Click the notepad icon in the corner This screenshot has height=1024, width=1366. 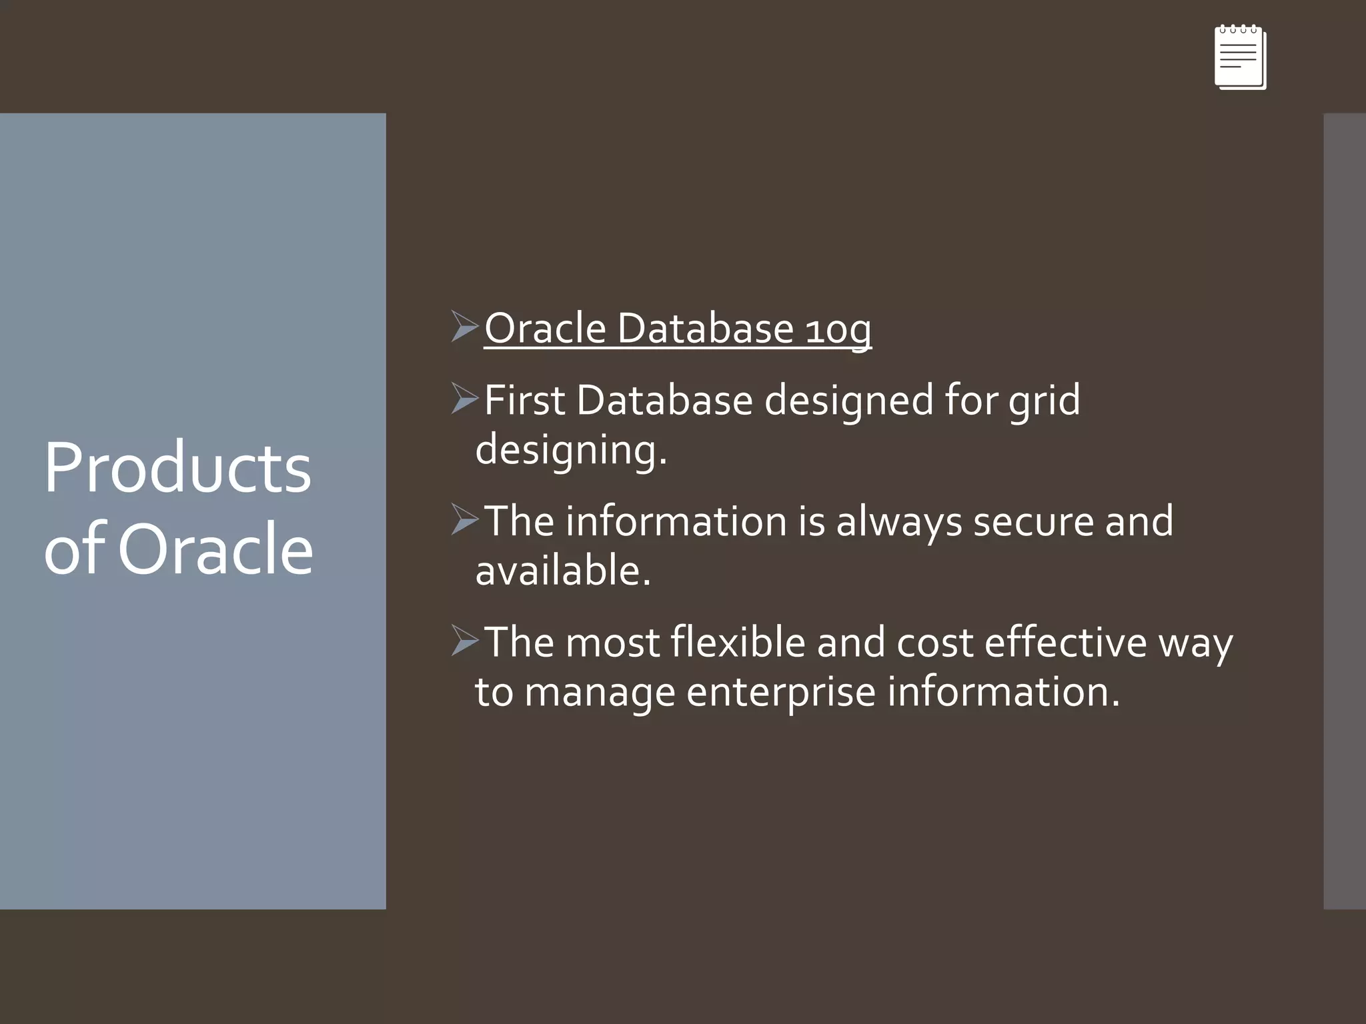pyautogui.click(x=1240, y=57)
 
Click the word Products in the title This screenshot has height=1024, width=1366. pyautogui.click(x=177, y=468)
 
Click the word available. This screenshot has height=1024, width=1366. pyautogui.click(x=562, y=571)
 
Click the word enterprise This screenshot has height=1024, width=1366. pyautogui.click(x=780, y=693)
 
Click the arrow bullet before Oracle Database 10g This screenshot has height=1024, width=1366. pyautogui.click(x=464, y=326)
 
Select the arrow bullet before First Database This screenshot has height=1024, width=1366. pyautogui.click(x=464, y=398)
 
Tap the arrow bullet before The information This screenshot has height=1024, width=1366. pyautogui.click(x=464, y=519)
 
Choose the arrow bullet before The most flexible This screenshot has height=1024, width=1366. pyautogui.click(x=464, y=640)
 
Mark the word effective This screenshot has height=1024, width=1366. pyautogui.click(x=1065, y=642)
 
